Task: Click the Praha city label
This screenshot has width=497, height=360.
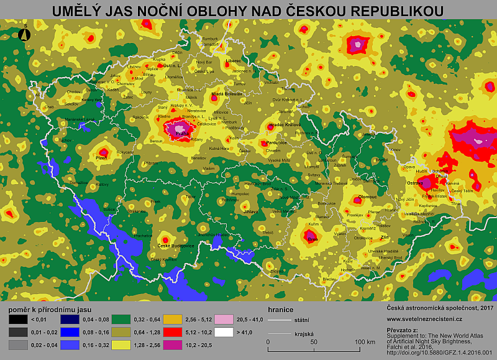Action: (182, 133)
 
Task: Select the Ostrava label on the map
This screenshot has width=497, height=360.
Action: (416, 183)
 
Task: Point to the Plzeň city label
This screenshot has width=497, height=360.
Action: (102, 157)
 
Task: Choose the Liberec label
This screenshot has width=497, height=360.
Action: (234, 61)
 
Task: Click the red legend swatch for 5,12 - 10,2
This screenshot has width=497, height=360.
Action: (172, 331)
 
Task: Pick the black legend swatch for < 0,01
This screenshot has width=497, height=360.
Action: (13, 320)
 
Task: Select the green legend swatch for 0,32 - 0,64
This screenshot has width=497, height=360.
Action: (120, 320)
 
